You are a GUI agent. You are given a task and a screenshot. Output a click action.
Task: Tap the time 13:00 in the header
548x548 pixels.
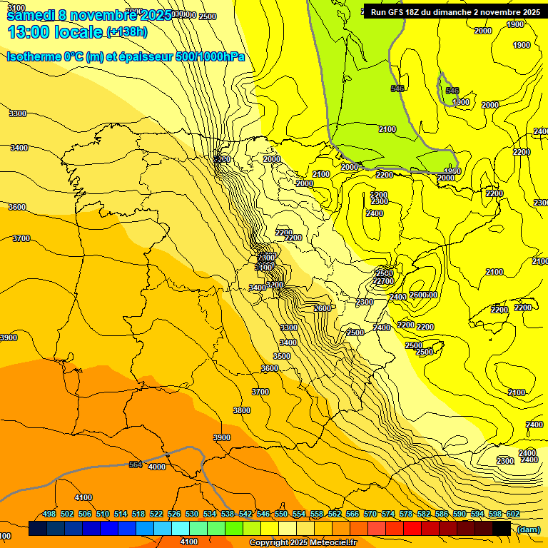[28, 32]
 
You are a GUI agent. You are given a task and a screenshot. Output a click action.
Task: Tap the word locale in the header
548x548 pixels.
[78, 32]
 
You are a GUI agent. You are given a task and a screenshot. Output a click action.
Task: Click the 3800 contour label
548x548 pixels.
[242, 410]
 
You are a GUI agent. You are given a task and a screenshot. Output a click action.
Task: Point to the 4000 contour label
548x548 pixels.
[156, 467]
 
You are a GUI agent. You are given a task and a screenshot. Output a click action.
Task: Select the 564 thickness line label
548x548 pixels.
[136, 465]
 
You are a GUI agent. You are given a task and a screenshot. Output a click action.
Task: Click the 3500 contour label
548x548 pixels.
[282, 356]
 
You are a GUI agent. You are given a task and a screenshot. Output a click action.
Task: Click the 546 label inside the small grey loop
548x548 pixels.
[452, 91]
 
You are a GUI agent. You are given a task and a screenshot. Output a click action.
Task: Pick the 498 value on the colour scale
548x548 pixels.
[49, 514]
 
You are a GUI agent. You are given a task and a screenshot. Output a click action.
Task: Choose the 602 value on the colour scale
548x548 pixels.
[512, 514]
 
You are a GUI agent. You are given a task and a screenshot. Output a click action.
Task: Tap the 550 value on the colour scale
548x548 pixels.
[280, 514]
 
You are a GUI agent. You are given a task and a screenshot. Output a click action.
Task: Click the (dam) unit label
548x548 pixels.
[529, 529]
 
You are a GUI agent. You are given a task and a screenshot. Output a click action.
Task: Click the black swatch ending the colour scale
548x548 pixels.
[501, 529]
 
